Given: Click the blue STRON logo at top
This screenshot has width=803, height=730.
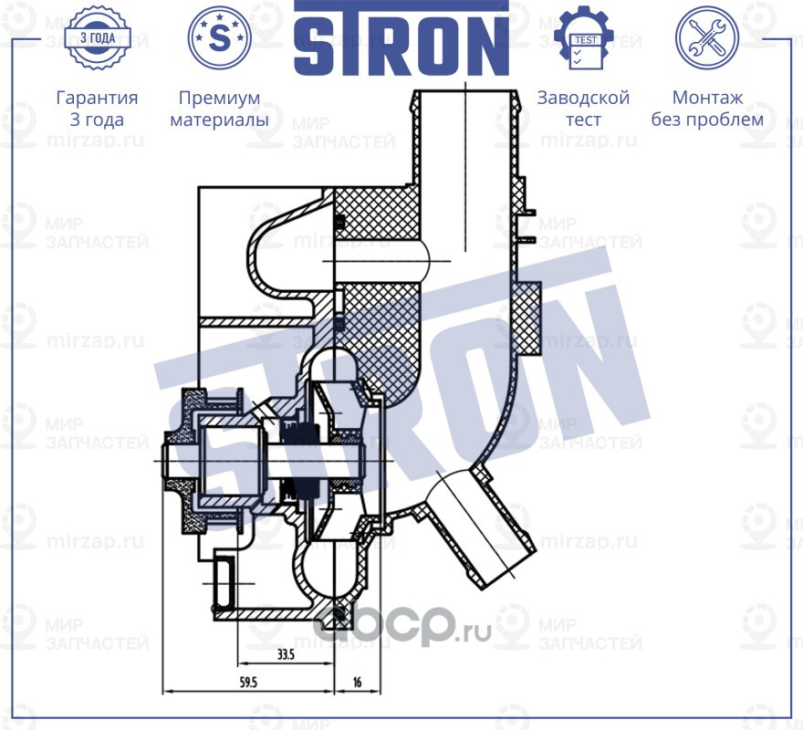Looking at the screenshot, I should click(x=401, y=38).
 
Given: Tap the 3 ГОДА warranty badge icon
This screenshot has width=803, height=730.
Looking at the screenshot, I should click(x=97, y=38).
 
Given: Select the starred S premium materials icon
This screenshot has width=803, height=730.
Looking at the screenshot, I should click(x=219, y=37).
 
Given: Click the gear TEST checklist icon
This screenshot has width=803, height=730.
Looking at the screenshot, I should click(x=583, y=37).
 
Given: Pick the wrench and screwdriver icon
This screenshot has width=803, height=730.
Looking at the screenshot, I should click(x=705, y=37).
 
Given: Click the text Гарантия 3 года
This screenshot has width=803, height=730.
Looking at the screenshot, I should click(x=97, y=109).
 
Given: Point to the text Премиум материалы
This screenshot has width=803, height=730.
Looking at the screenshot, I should click(x=219, y=109).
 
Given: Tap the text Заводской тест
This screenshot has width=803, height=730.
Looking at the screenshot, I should click(x=583, y=109).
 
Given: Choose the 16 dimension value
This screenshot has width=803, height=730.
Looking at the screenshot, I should click(x=356, y=682).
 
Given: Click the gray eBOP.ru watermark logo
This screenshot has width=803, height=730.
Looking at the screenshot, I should click(x=401, y=627).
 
